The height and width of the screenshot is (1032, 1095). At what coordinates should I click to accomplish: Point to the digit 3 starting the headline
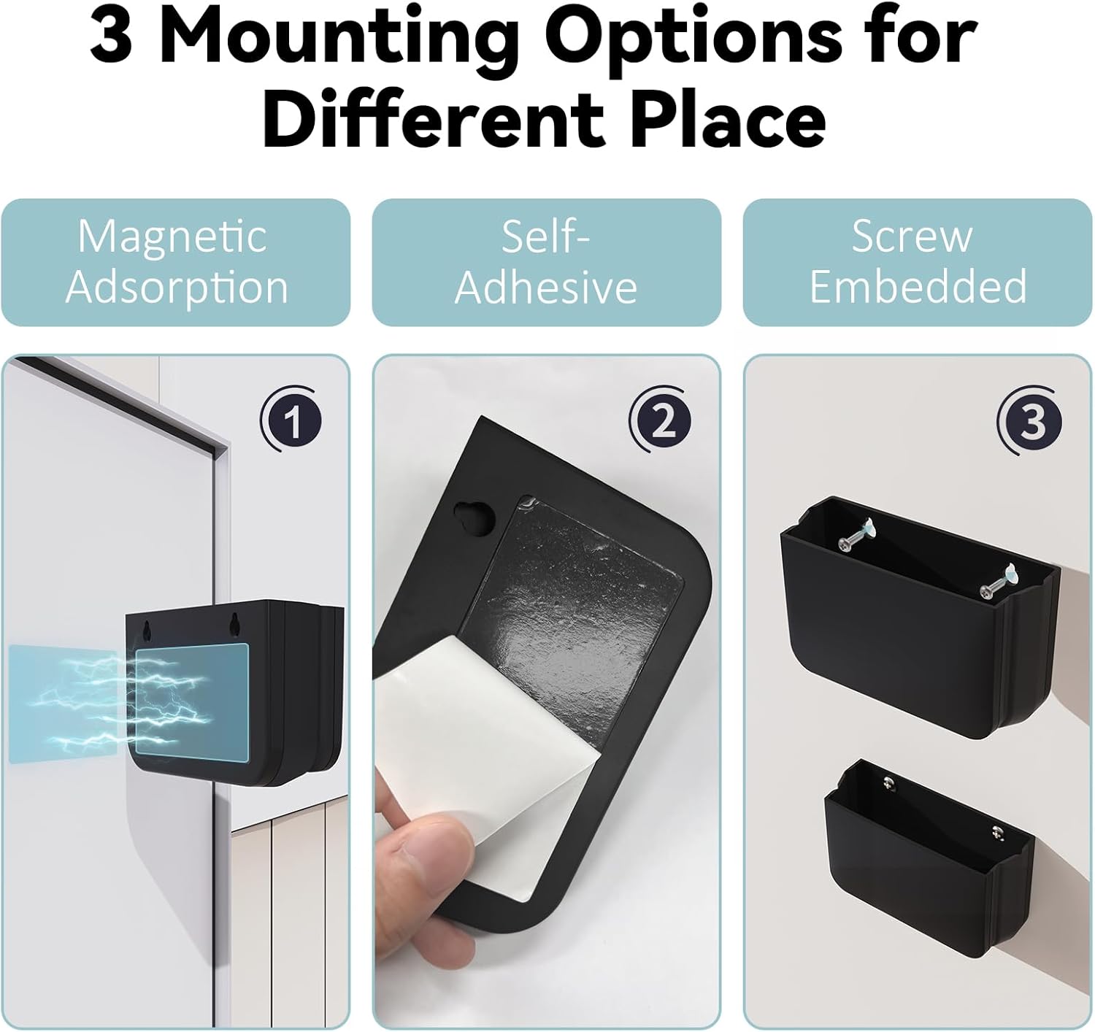(111, 35)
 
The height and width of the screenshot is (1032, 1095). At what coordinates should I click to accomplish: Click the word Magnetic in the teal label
(172, 236)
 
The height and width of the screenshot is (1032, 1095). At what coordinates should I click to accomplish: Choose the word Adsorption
(177, 288)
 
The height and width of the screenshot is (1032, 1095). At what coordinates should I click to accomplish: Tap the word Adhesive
(546, 288)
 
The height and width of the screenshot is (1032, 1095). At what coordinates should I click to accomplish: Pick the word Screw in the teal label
(912, 237)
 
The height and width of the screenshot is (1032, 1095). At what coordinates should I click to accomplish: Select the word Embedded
(918, 286)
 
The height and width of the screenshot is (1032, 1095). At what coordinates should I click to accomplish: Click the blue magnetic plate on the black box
(192, 702)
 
